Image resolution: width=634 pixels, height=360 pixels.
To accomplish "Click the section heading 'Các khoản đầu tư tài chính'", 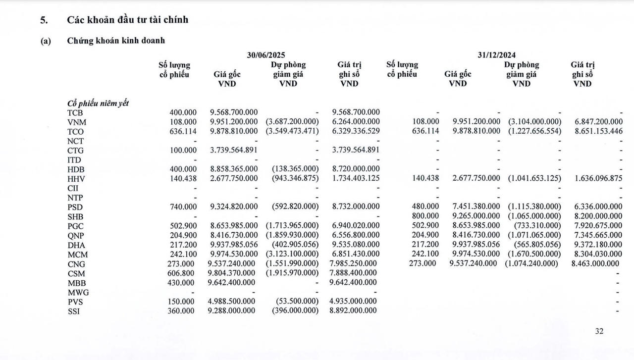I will point(127,20).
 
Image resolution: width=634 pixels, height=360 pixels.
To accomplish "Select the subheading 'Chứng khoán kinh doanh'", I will point(116,41).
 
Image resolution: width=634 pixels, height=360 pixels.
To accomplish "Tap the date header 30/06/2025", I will point(266,55).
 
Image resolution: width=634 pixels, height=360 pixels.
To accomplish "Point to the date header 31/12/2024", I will point(496,55).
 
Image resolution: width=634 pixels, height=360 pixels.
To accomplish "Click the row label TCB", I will point(75,112).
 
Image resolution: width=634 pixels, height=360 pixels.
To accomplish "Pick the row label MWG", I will point(78,292).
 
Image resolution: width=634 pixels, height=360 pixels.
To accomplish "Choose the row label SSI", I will point(74,311).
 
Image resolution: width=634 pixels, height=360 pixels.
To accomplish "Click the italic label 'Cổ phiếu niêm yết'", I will point(98,103).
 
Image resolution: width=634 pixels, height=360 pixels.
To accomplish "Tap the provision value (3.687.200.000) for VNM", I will point(292,122).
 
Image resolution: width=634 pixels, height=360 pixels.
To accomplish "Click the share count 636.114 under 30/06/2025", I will point(183,132).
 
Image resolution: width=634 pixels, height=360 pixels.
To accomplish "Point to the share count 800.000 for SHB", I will point(425,216).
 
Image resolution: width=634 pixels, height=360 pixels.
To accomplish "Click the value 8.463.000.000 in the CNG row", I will point(595,263).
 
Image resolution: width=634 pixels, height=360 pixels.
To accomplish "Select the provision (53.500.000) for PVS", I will point(297,302).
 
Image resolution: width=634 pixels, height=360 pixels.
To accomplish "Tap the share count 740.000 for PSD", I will point(183,206).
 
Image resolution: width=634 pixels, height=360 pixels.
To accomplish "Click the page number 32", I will point(599,332).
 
